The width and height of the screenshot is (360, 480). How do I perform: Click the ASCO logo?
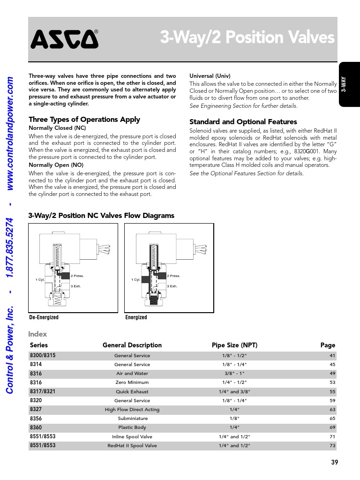coord(65,39)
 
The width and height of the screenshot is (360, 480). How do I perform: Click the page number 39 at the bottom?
coord(334,462)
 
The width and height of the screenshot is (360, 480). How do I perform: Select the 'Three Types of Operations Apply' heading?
coord(84,120)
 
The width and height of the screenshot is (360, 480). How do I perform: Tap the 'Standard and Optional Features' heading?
coord(243,122)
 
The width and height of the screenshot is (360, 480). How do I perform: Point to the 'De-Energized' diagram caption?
coord(44,317)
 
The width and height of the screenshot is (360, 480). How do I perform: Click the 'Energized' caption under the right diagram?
coord(136,317)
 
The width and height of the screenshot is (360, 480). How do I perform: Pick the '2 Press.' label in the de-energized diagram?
coord(77,276)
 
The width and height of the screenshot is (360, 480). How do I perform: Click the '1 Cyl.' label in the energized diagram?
coord(135,280)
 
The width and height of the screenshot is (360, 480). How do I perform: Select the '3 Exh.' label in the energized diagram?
coord(173,286)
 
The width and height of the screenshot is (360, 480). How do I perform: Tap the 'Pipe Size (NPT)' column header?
coord(234,345)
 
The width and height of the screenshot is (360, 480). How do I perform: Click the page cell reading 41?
coord(332,356)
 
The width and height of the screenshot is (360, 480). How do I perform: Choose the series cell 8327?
coord(36,409)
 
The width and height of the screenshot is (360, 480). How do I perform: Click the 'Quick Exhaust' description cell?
coord(132,391)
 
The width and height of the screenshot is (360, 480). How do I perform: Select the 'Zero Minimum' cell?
coord(132,382)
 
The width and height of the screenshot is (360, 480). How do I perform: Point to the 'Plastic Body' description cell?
coord(132,427)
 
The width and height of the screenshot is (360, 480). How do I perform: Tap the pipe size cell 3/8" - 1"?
coord(234,374)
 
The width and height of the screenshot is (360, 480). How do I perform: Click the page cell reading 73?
coord(332,446)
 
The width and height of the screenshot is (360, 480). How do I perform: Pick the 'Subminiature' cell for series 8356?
coord(132,419)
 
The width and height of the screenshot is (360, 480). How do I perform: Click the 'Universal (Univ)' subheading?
coord(210,76)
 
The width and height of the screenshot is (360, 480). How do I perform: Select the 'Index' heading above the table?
coord(37,334)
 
